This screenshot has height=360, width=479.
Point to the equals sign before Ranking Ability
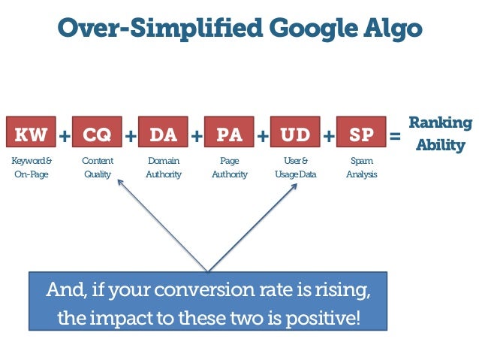[396, 136]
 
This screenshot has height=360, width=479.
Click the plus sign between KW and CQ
[64, 136]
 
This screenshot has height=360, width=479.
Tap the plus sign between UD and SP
[328, 136]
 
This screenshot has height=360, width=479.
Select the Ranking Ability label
[440, 134]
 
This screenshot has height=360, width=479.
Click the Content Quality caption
[97, 168]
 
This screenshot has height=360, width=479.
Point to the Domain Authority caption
[163, 168]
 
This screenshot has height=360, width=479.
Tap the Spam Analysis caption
[361, 168]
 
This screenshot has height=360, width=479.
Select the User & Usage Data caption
[295, 168]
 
